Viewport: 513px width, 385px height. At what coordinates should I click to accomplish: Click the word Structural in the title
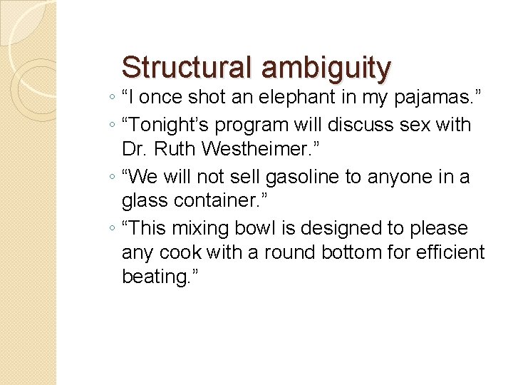pyautogui.click(x=187, y=67)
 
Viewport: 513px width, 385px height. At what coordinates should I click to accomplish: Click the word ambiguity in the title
pyautogui.click(x=326, y=68)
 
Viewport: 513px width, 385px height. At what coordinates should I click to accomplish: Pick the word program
pyautogui.click(x=255, y=126)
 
